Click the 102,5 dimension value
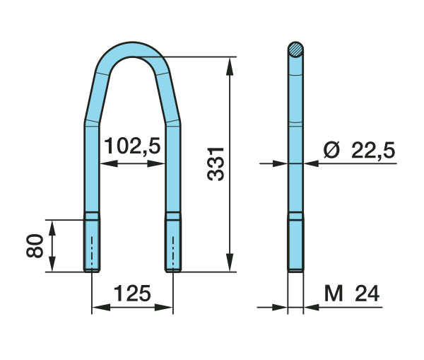click(x=132, y=146)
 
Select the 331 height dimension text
click(x=216, y=164)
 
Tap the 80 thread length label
click(x=35, y=245)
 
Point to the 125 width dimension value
click(x=132, y=294)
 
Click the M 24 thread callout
click(x=352, y=294)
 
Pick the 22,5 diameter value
click(x=373, y=151)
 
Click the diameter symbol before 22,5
click(x=331, y=150)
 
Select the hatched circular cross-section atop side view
click(x=295, y=50)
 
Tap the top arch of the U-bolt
click(x=133, y=50)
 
